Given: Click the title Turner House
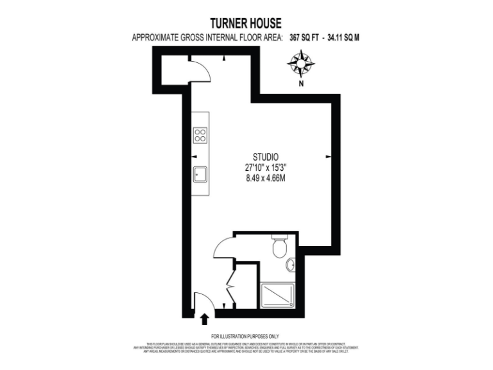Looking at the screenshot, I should coord(246,24).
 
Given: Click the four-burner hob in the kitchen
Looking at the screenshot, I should coord(200,135).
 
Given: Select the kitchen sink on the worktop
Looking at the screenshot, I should coord(200,173).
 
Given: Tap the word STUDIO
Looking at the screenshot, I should coord(265,156).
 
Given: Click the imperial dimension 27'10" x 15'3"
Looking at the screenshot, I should coord(265,168).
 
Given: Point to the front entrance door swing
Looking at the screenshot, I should coord(202,301).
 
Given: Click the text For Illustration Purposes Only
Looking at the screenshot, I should coord(245,337).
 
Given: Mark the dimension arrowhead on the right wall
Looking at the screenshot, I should coord(328,156).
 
